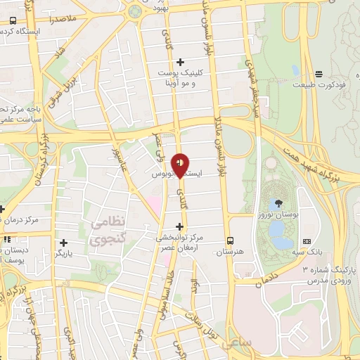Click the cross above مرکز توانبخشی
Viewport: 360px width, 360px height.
(x=181, y=226)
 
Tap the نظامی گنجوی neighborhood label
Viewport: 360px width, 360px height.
(x=106, y=231)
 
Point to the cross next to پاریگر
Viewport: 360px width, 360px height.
(x=64, y=242)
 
